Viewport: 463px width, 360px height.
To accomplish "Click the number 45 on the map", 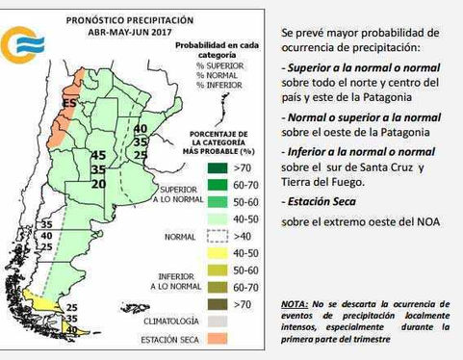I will (x=97, y=156).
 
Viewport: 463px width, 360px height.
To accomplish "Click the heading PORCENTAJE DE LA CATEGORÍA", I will (x=220, y=137).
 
